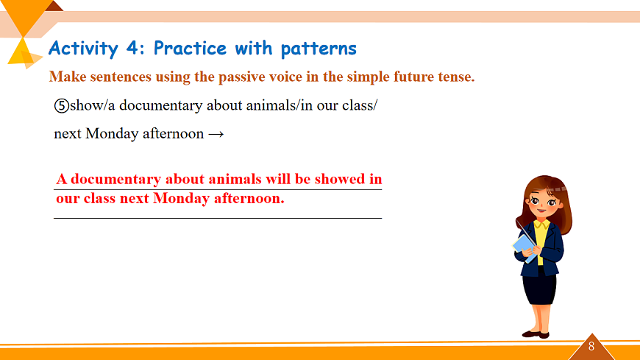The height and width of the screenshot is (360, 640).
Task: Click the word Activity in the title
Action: tap(83, 49)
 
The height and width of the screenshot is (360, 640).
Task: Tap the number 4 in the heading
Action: tap(132, 48)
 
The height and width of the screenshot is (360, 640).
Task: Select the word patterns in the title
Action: tap(319, 49)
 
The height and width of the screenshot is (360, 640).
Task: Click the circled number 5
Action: tap(62, 106)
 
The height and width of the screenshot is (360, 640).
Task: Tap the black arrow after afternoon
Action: tap(216, 134)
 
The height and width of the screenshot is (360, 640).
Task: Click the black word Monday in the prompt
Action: tap(112, 134)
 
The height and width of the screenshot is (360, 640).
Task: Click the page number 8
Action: tap(591, 347)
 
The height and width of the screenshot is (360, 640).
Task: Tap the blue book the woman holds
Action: tap(525, 247)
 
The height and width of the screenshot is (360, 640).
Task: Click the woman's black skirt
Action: tap(539, 288)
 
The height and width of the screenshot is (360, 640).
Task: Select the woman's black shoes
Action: tap(536, 334)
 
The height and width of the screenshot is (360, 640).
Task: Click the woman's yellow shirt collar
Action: tap(542, 225)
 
